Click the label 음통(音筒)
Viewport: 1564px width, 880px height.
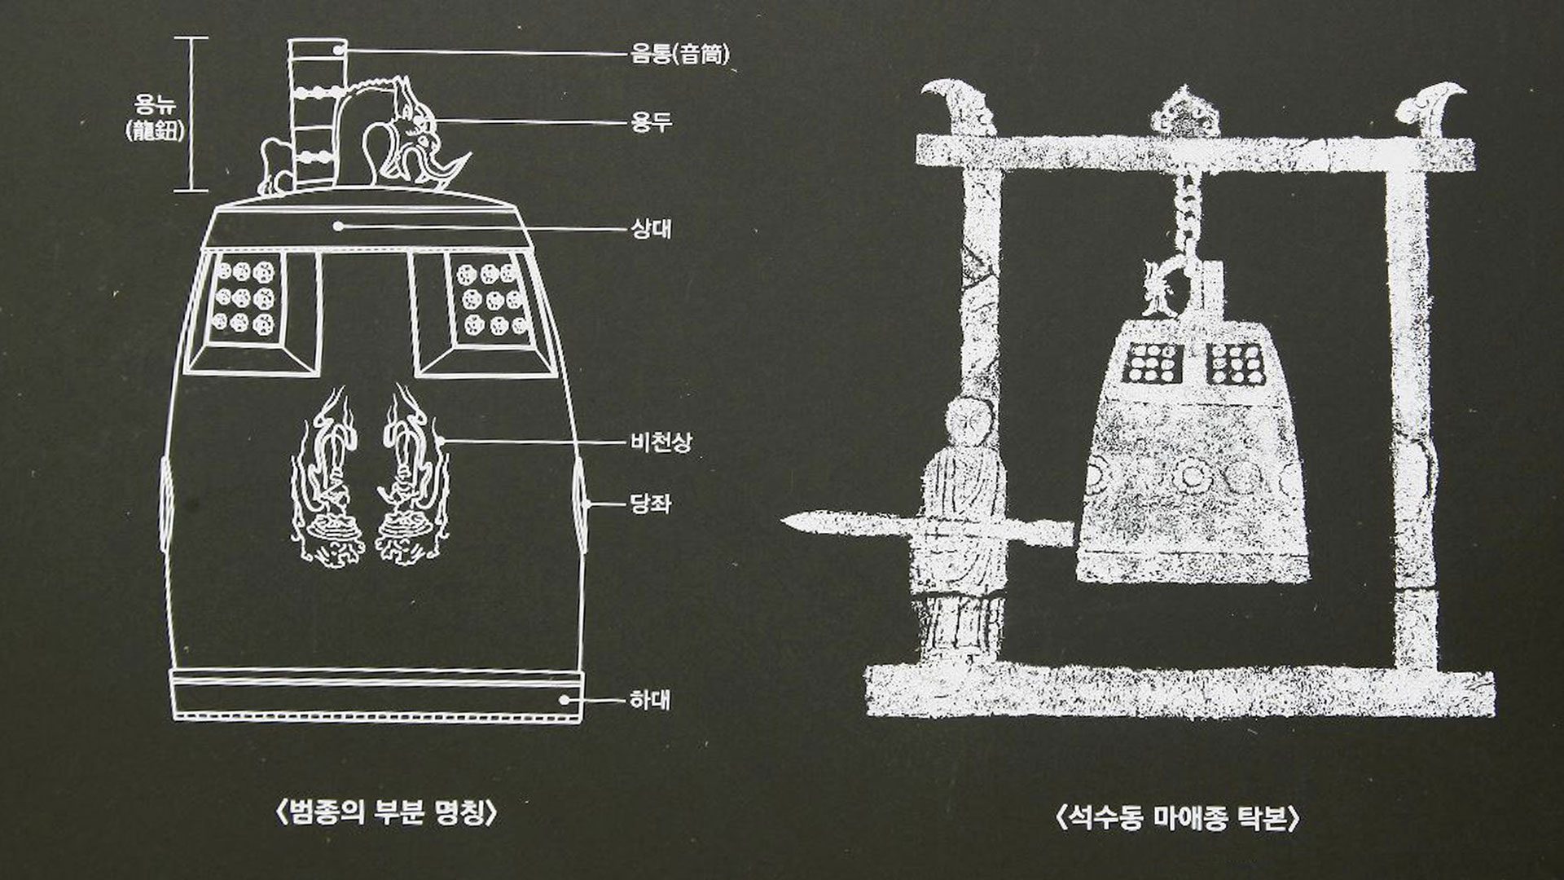pyautogui.click(x=680, y=54)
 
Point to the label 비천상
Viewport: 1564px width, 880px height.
pyautogui.click(x=661, y=442)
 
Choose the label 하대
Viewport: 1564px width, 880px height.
pyautogui.click(x=650, y=700)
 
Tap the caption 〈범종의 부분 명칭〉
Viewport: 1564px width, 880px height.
pyautogui.click(x=386, y=813)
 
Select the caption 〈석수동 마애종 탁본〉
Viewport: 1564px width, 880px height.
pyautogui.click(x=1177, y=816)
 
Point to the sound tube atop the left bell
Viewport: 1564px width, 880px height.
pyautogui.click(x=316, y=114)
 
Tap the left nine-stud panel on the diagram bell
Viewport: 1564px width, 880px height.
pyautogui.click(x=244, y=298)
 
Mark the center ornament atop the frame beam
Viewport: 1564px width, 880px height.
pyautogui.click(x=1184, y=113)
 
